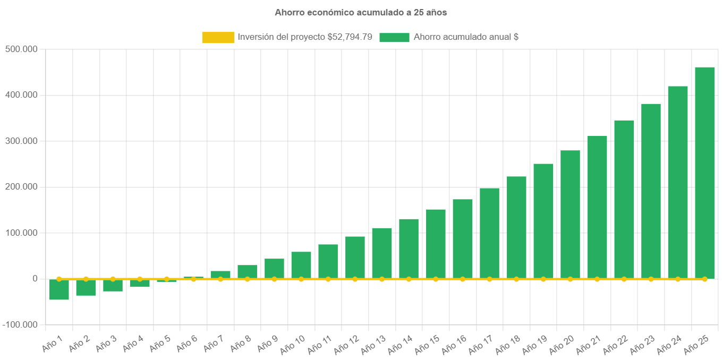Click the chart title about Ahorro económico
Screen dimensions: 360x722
coord(361,12)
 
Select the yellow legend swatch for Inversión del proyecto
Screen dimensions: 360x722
coord(218,37)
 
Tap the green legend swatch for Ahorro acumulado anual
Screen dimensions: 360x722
coord(394,37)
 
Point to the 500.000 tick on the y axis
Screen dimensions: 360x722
coord(21,49)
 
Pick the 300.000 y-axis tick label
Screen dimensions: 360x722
coord(21,141)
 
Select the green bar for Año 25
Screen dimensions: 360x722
coord(704,170)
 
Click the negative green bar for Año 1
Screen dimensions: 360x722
coord(59,290)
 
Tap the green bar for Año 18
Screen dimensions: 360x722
coord(516,226)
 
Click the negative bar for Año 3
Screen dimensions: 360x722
coord(113,286)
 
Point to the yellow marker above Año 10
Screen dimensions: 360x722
coord(301,279)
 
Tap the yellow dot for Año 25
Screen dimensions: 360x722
coord(704,279)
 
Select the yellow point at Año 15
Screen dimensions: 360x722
coord(436,279)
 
